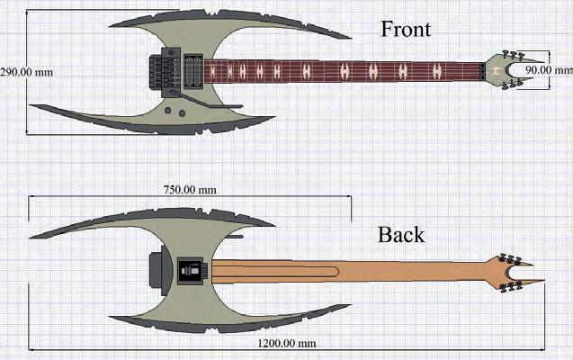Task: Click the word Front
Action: pyautogui.click(x=406, y=29)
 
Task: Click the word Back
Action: pyautogui.click(x=401, y=235)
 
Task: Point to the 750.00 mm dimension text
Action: pyautogui.click(x=188, y=190)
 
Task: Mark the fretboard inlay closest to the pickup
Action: pyautogui.click(x=213, y=70)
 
